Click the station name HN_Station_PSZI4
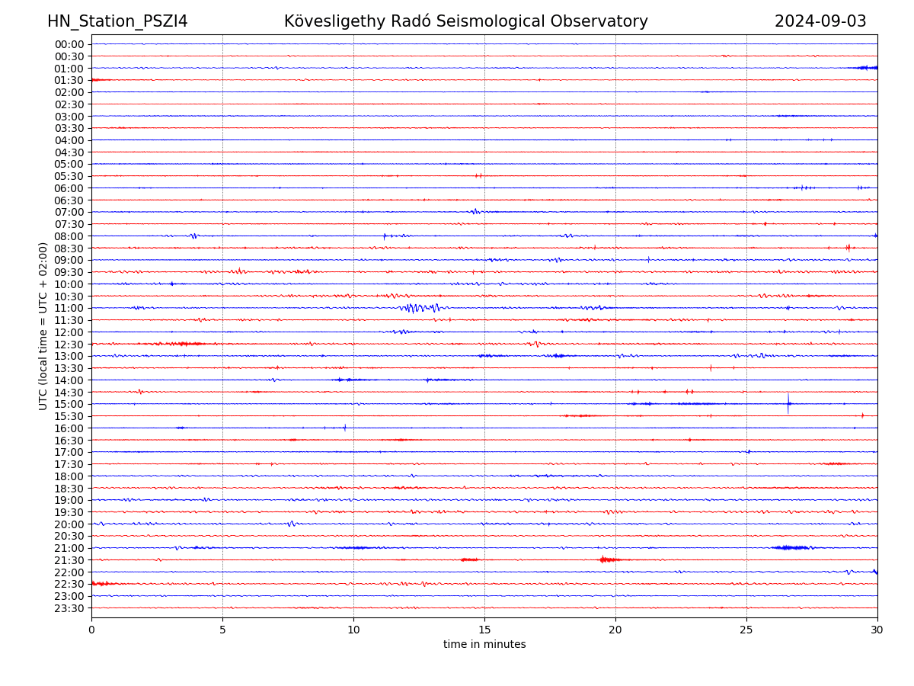117,21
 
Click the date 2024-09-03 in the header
820,21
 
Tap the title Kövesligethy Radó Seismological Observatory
465,21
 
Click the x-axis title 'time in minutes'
484,644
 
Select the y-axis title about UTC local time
43,325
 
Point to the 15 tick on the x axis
484,630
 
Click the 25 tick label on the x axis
746,630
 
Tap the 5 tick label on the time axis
222,630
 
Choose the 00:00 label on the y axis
69,44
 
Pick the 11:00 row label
69,308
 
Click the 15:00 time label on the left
69,404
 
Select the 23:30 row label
69,608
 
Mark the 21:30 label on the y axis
69,560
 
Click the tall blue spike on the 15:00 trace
788,402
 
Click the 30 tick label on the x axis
877,630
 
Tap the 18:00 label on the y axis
69,476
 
